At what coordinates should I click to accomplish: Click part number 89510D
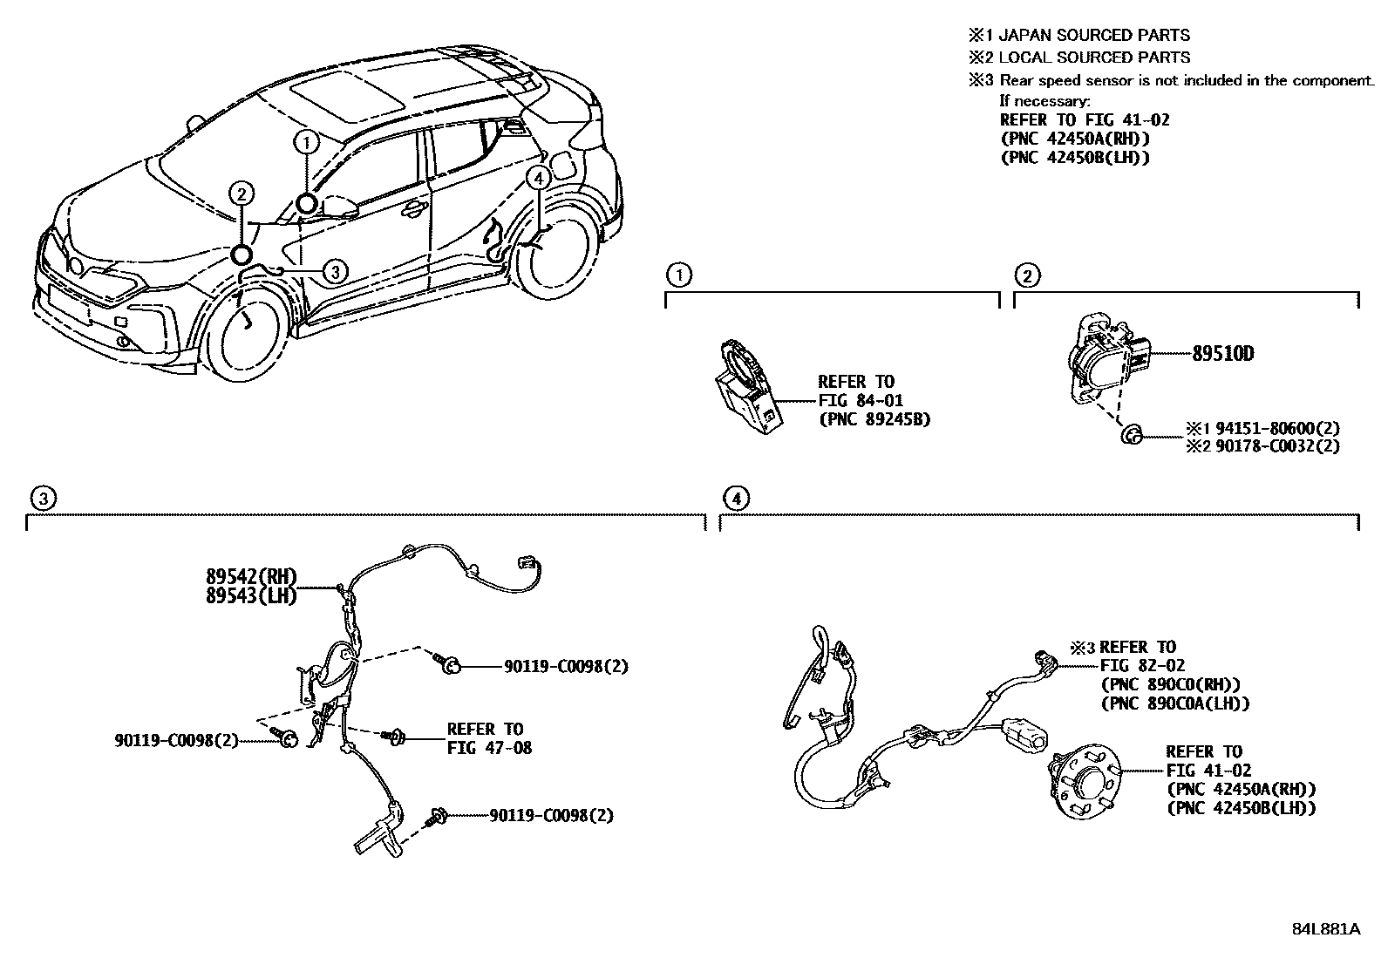click(1223, 354)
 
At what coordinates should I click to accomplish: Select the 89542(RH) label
click(251, 576)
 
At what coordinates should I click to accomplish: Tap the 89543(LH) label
click(251, 596)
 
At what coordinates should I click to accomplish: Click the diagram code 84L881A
click(1325, 928)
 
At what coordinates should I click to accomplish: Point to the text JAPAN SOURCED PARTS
click(1093, 36)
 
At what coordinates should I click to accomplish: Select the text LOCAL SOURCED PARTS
click(1093, 58)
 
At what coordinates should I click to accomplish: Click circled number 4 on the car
click(539, 178)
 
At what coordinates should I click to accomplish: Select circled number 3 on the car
click(336, 272)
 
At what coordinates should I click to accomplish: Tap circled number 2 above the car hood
click(242, 194)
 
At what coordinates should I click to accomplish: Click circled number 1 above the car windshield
click(306, 140)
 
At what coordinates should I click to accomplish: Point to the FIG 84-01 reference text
click(860, 400)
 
